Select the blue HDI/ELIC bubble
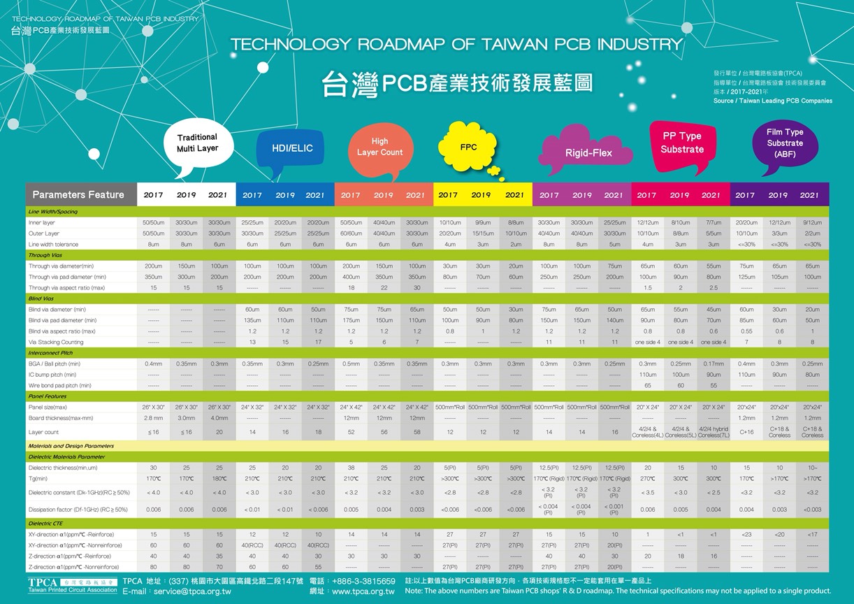tap(292, 148)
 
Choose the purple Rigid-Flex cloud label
tap(588, 152)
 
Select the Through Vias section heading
tap(44, 255)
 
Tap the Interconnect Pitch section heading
tap(50, 353)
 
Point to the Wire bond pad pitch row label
tap(59, 385)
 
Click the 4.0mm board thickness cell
tap(219, 417)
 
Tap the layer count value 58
tap(417, 432)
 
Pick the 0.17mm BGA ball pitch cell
tap(713, 364)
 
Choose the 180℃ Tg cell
tap(219, 478)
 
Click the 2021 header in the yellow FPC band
tap(514, 195)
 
